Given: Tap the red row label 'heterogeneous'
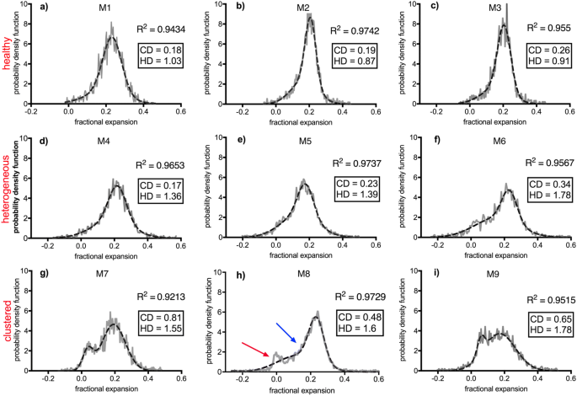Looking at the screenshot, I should (7, 195).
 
